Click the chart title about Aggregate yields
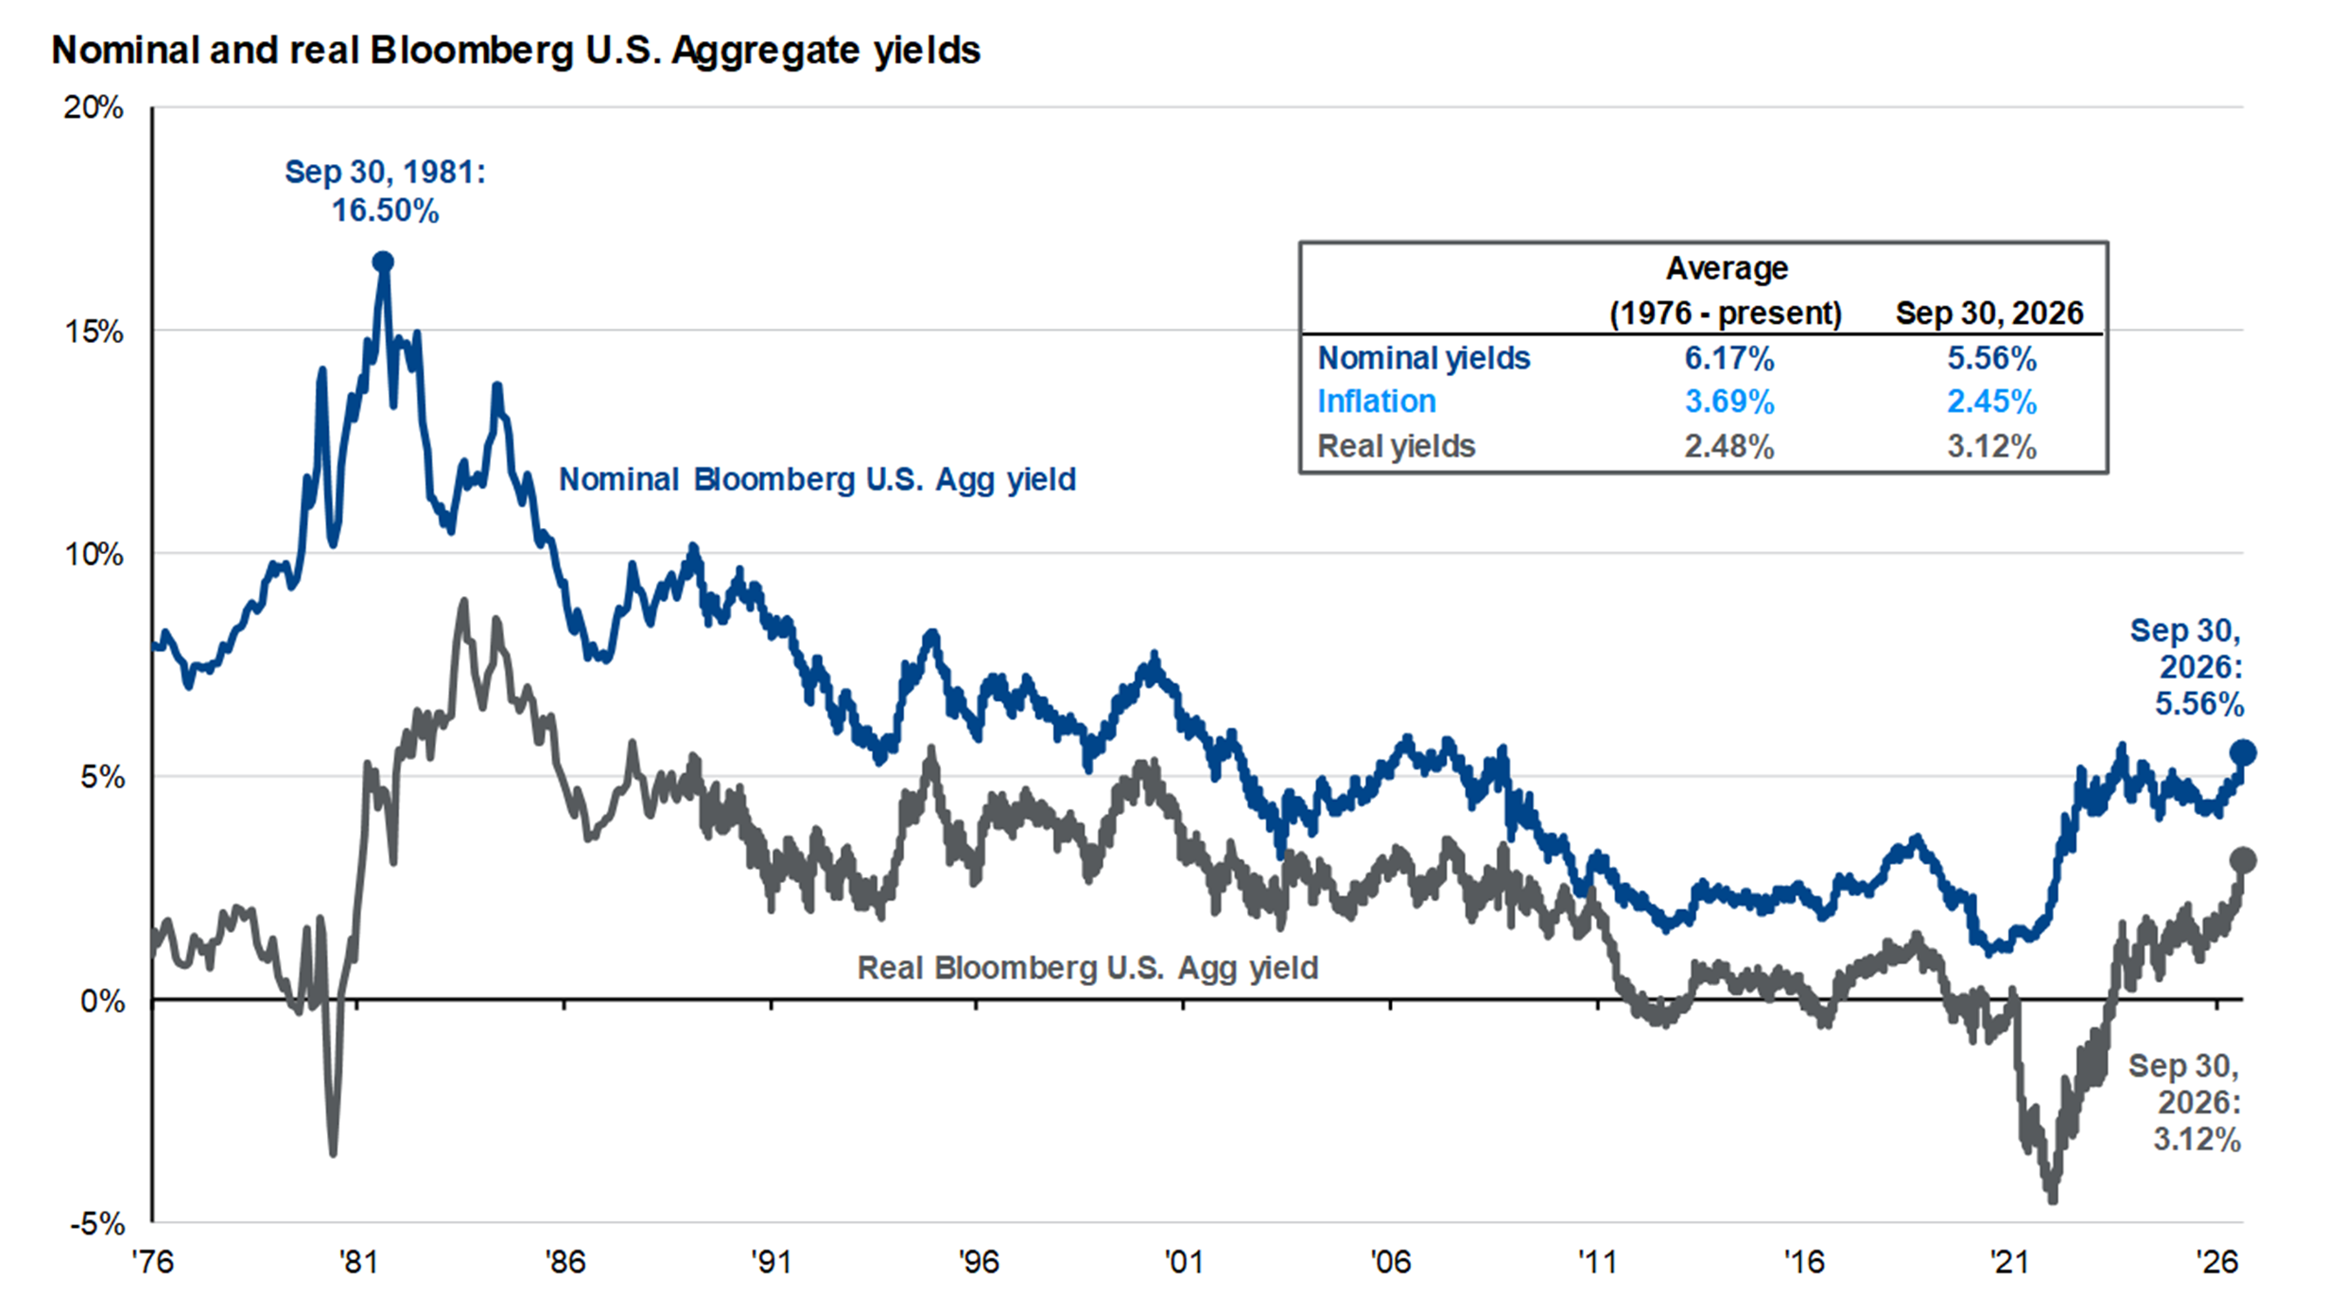point(515,51)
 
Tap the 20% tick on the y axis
point(93,107)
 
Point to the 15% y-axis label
point(93,331)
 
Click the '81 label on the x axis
point(358,1261)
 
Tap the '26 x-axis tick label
point(2218,1261)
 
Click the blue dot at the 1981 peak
point(383,262)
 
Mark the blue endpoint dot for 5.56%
point(2243,751)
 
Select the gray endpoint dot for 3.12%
point(2243,860)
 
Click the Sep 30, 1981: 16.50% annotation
point(385,190)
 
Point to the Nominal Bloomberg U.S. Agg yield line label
point(817,479)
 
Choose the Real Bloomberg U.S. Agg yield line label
point(1088,968)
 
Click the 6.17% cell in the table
point(1729,359)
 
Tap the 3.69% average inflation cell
point(1729,402)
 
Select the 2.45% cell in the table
point(1992,402)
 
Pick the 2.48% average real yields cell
point(1729,446)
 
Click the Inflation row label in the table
point(1376,401)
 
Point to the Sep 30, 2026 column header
point(1989,313)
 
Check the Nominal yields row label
point(1424,359)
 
